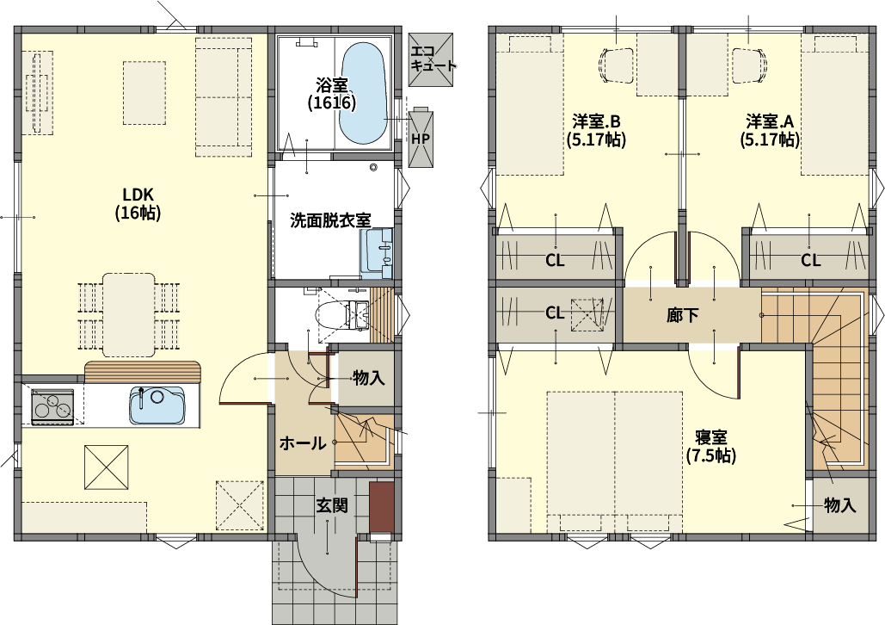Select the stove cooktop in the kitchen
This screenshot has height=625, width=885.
pos(53,407)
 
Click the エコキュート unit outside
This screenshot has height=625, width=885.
pos(431,59)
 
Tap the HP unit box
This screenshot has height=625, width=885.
pos(421,138)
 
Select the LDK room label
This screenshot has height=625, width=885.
pos(138,204)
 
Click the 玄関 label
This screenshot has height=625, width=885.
pos(331,505)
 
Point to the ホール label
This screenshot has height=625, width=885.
pos(303,443)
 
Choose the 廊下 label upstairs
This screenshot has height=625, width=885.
pos(682,315)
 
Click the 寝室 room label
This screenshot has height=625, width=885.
pos(711,447)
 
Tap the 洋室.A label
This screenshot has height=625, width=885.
pos(770,130)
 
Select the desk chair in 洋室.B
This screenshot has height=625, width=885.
pos(618,65)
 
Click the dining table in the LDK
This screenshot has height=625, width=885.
pos(129,315)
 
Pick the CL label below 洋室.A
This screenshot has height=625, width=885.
pos(810,261)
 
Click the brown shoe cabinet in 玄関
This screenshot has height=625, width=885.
pos(381,507)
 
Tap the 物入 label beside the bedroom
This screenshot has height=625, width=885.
pos(839,505)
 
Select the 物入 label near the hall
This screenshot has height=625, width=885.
pos(369,378)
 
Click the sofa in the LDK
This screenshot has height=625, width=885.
pos(224,96)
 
